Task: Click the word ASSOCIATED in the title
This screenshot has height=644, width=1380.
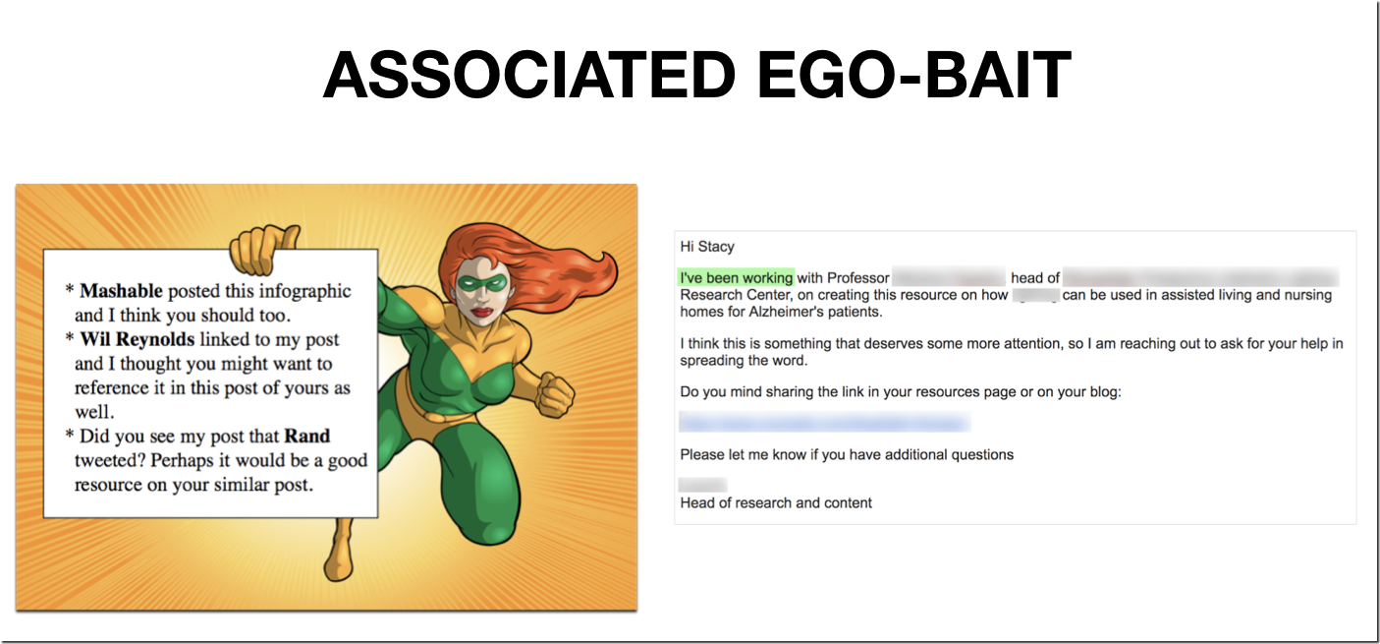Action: pyautogui.click(x=528, y=75)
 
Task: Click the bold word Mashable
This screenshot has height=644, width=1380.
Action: pyautogui.click(x=122, y=291)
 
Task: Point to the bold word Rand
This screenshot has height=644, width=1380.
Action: pyautogui.click(x=307, y=436)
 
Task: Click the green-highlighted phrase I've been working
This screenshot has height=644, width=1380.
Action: pyautogui.click(x=736, y=278)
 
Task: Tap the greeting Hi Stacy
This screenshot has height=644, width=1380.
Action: pyautogui.click(x=707, y=247)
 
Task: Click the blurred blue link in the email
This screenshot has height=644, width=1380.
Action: pyautogui.click(x=824, y=423)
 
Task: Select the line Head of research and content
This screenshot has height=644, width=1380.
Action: pyautogui.click(x=776, y=502)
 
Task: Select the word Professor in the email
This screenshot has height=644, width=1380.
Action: pyautogui.click(x=858, y=278)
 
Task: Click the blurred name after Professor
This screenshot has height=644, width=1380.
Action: pyautogui.click(x=949, y=278)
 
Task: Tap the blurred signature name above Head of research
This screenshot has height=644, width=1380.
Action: pyautogui.click(x=703, y=485)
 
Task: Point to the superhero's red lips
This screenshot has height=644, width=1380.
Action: pyautogui.click(x=482, y=312)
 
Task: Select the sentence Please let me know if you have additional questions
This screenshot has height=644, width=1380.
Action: pyautogui.click(x=847, y=454)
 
